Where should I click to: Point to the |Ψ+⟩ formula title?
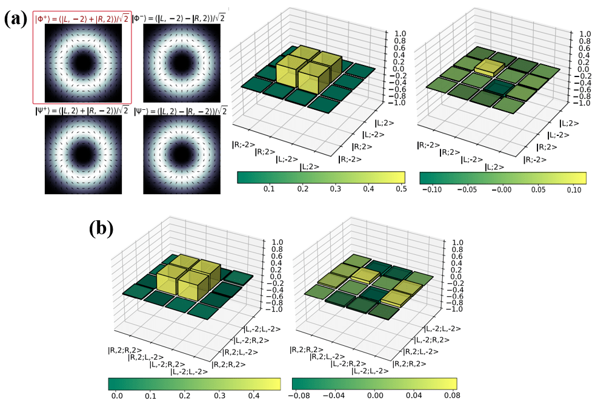81,110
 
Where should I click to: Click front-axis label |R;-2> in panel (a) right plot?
429,145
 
